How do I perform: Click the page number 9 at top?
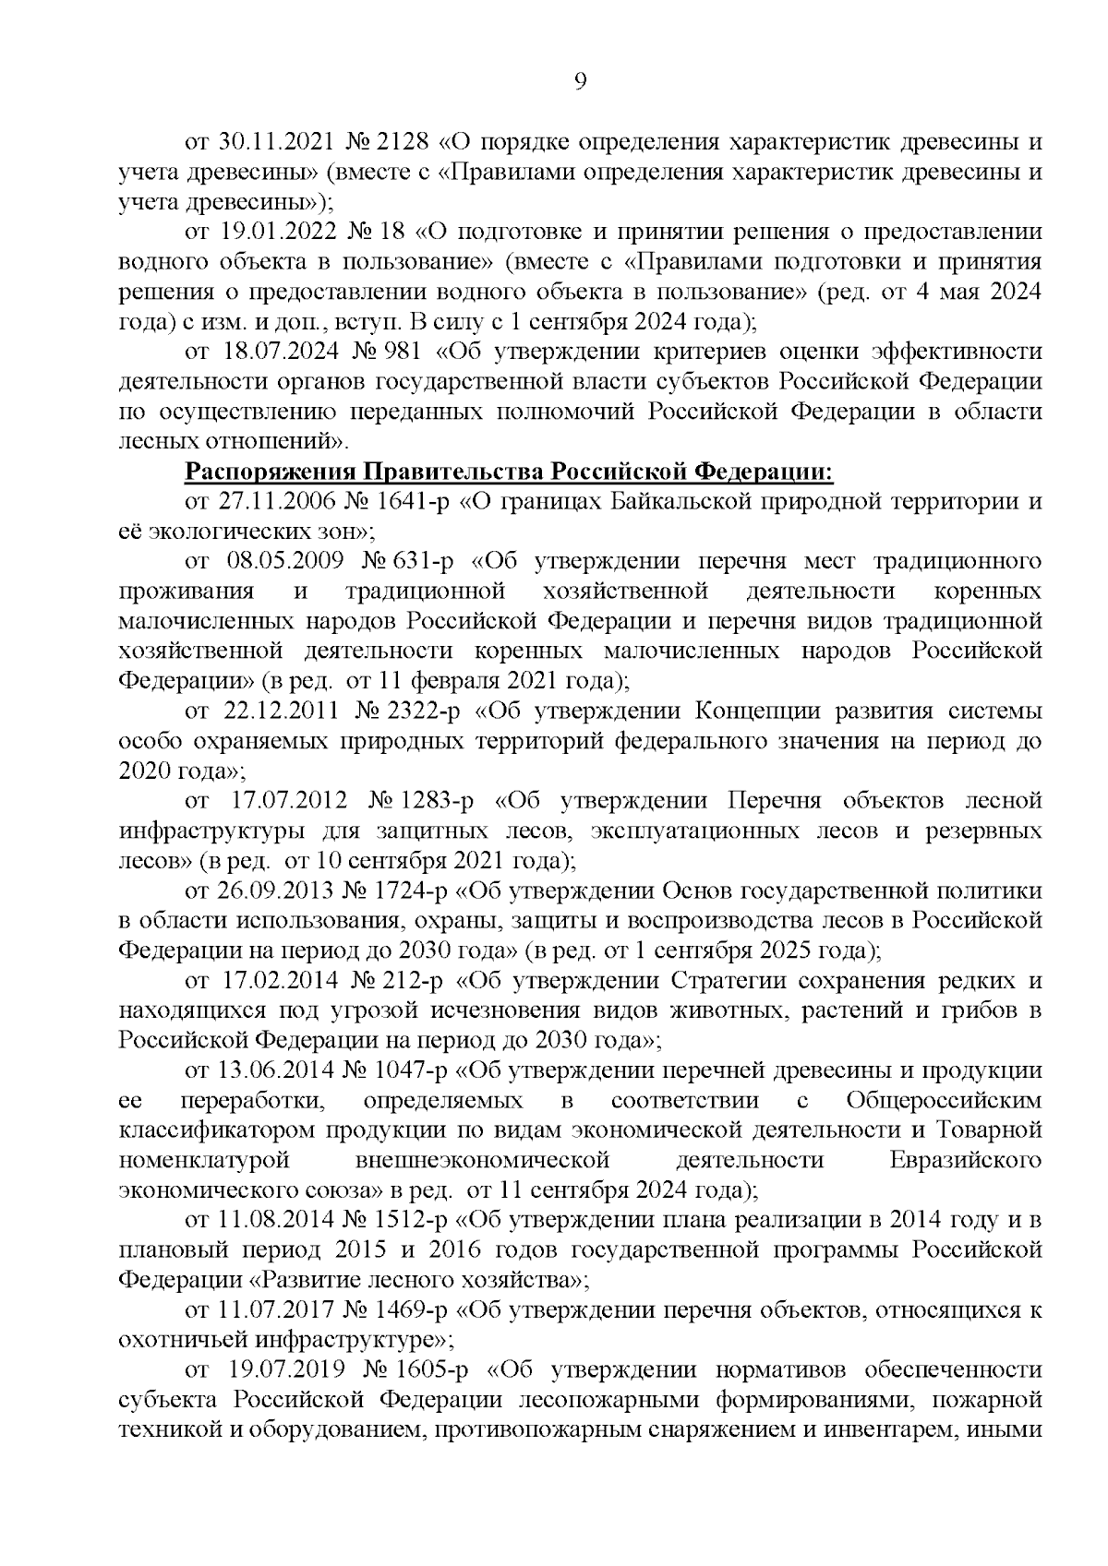tap(580, 82)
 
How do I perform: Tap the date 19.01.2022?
tap(277, 232)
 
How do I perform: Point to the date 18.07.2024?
tap(278, 352)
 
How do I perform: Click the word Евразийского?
tap(966, 1160)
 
